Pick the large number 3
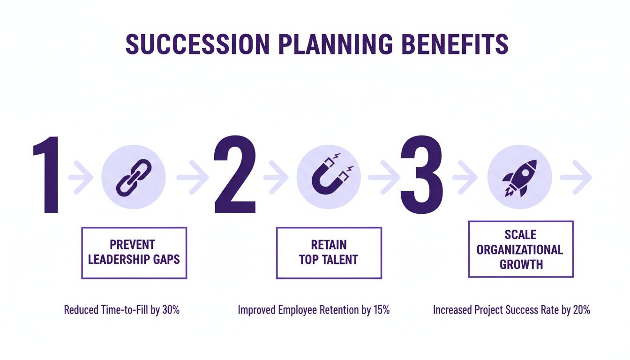coord(421,176)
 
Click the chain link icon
coord(134,177)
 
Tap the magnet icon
coord(329,177)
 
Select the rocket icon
coord(519,177)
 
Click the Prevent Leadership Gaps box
coord(134,253)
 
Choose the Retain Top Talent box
coord(329,253)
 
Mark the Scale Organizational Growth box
coord(520,249)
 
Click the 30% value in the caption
coord(171,310)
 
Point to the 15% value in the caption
coord(380,310)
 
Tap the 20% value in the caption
coord(580,310)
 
